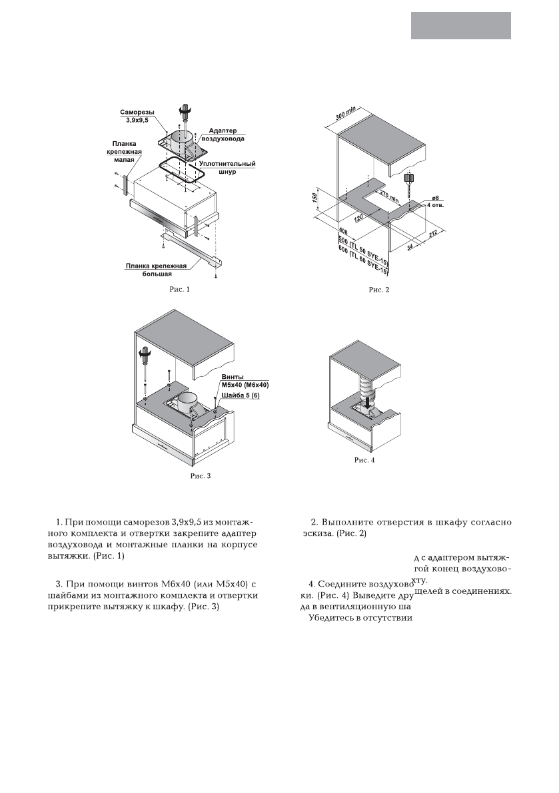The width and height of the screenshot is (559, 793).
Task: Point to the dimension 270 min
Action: click(386, 195)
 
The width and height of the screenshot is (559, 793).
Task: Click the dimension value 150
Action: click(321, 199)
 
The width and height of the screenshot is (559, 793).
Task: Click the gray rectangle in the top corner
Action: click(461, 26)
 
